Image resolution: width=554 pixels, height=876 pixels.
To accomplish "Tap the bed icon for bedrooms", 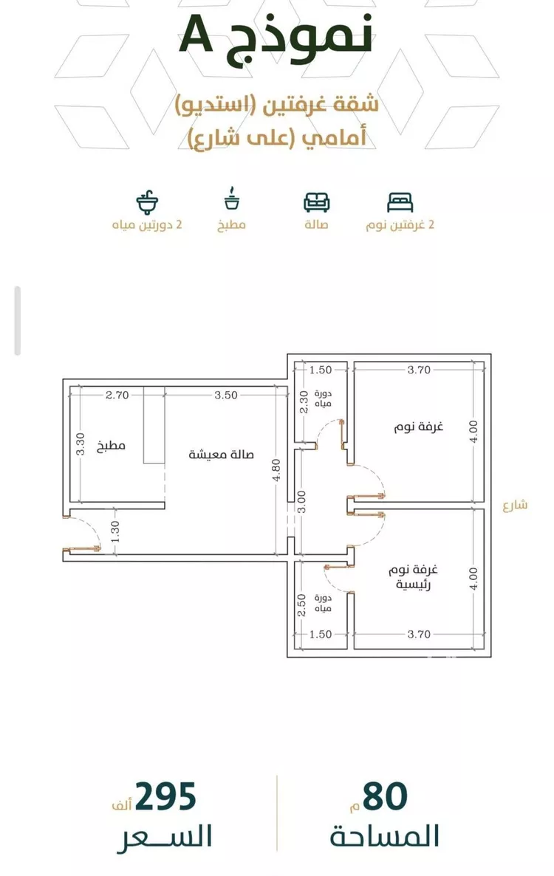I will [x=400, y=201].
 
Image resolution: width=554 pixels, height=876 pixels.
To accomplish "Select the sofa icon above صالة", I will [x=317, y=201].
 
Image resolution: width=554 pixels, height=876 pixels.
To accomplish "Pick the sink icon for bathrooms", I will [x=148, y=201].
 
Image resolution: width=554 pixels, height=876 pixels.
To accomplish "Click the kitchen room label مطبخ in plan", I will [x=112, y=446].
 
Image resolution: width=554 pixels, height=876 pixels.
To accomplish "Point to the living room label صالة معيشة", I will [x=222, y=455].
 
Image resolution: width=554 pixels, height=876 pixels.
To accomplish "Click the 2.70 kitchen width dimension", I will [x=117, y=395].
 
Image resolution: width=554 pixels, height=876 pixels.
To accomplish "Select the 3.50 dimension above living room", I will [x=225, y=395].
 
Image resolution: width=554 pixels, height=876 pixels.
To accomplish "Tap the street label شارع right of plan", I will [x=514, y=505].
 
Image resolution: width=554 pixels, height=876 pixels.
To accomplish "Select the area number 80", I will [x=385, y=798].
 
